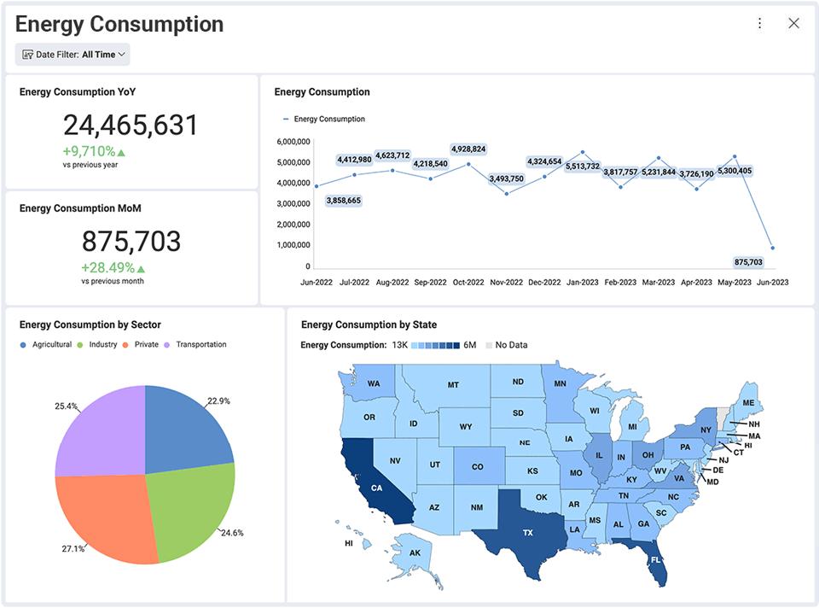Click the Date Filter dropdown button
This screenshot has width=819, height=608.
tap(73, 55)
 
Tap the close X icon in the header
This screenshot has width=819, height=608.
tap(793, 24)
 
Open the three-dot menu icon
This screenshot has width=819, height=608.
tap(759, 24)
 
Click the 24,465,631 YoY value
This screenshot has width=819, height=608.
tap(131, 126)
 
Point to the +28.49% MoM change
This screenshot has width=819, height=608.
tap(108, 267)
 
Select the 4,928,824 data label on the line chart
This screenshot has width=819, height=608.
tap(468, 149)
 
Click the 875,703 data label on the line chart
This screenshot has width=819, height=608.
tap(748, 262)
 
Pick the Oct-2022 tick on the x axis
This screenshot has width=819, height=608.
tap(468, 282)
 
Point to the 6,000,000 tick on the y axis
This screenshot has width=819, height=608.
tap(293, 142)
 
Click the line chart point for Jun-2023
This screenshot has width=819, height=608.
tap(773, 248)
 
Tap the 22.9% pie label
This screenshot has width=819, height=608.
tap(218, 400)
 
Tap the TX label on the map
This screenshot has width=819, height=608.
tap(528, 533)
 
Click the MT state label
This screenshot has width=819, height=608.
tap(453, 385)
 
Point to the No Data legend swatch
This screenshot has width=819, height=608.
tap(489, 345)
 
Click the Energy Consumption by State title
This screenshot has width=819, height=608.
tap(369, 324)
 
